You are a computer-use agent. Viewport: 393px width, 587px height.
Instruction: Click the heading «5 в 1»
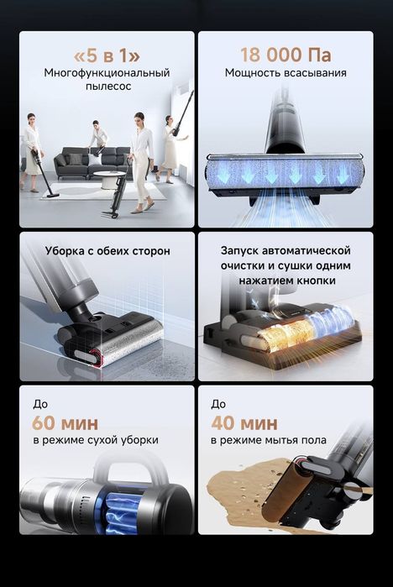pyautogui.click(x=107, y=55)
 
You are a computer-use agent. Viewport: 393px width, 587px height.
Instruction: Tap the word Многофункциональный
pyautogui.click(x=107, y=73)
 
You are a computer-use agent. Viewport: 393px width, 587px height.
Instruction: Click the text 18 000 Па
pyautogui.click(x=286, y=55)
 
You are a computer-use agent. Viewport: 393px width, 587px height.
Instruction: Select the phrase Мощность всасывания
pyautogui.click(x=286, y=73)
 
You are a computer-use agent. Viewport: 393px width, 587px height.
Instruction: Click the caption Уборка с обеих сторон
pyautogui.click(x=107, y=251)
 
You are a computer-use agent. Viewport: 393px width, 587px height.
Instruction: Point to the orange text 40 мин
pyautogui.click(x=243, y=422)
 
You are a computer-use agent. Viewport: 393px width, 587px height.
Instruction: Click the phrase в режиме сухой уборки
pyautogui.click(x=95, y=440)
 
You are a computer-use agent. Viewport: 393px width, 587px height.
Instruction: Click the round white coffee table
pyautogui.click(x=109, y=177)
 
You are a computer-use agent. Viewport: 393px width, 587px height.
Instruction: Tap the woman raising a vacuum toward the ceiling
pyautogui.click(x=169, y=143)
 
